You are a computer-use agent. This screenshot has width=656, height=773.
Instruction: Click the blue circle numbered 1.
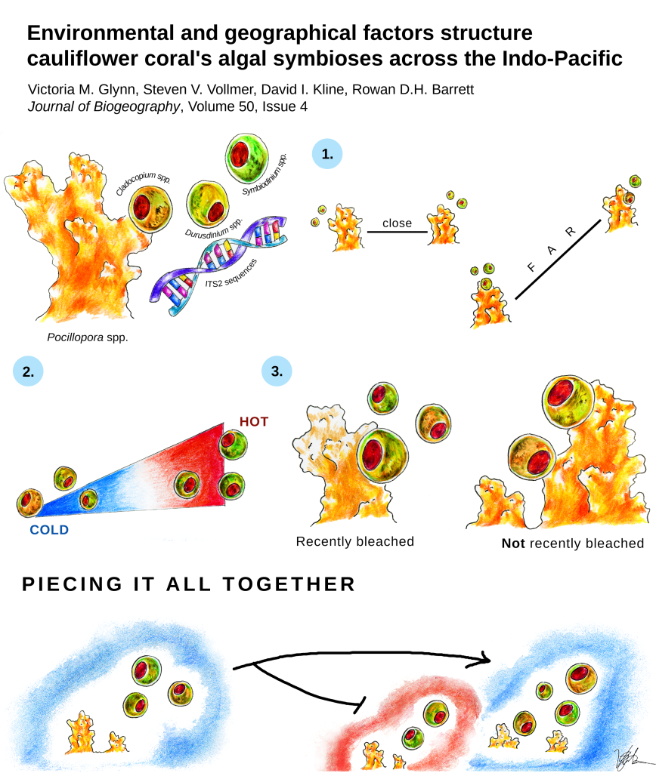326,154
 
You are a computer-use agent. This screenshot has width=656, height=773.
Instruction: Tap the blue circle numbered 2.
28,371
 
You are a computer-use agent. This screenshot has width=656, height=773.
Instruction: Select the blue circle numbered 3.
277,371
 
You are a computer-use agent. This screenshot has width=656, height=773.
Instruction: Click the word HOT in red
254,421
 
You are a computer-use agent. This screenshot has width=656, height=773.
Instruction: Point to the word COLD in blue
49,530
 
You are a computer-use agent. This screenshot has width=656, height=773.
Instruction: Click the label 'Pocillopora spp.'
88,337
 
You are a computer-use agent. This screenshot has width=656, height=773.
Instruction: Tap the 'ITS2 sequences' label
231,274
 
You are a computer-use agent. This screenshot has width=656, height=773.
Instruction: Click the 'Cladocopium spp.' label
143,183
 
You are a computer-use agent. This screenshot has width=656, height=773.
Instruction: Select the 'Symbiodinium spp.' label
265,174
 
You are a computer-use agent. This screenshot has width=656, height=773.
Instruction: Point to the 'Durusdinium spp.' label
214,228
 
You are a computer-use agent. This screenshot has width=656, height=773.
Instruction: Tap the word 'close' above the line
397,223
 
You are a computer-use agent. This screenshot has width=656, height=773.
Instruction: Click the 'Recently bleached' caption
355,541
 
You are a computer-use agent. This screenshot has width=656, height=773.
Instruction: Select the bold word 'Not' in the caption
513,544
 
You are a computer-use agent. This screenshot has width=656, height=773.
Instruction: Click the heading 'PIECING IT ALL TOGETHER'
188,584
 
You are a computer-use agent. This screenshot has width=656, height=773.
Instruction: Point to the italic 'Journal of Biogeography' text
104,106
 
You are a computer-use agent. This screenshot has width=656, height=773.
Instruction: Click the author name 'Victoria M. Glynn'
82,89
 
